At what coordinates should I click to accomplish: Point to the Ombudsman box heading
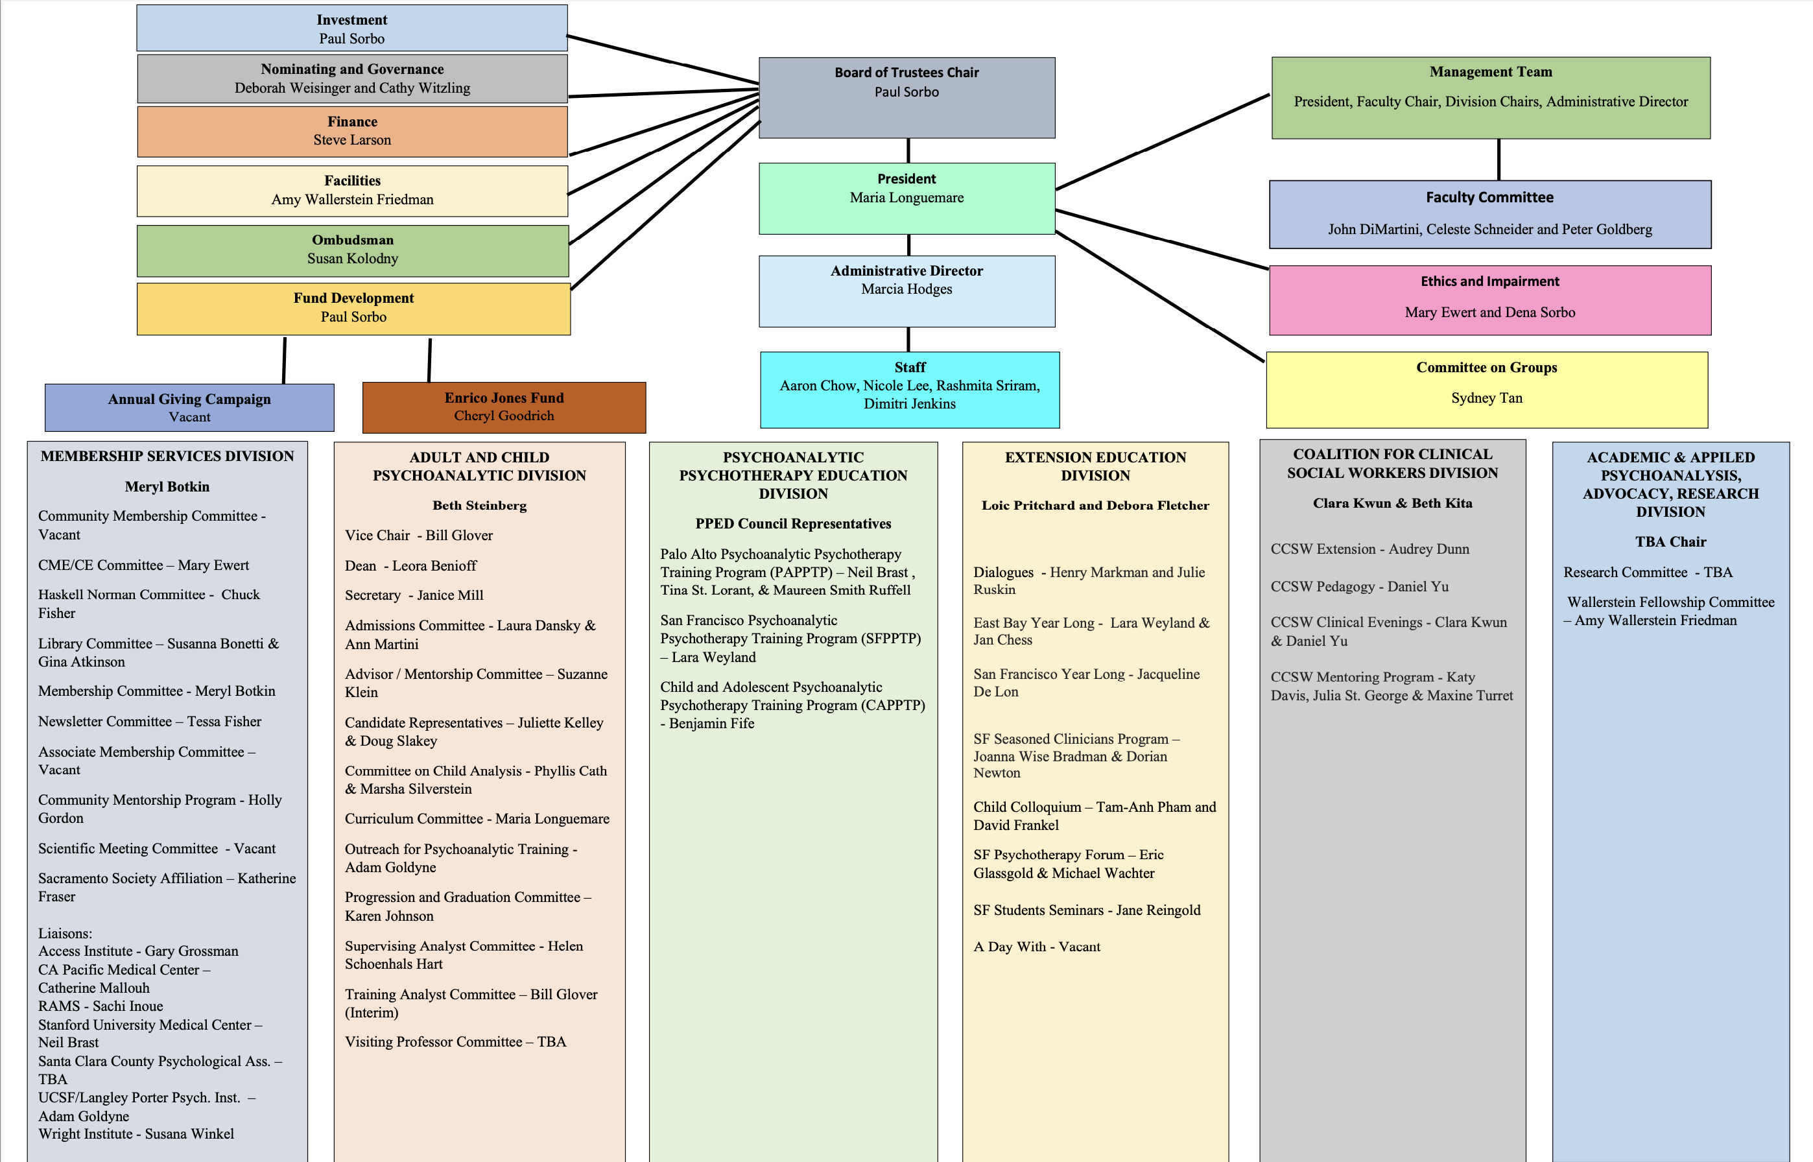coord(352,240)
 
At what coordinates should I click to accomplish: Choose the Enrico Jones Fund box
coord(504,407)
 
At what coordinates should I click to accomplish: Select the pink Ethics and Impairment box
coord(1489,300)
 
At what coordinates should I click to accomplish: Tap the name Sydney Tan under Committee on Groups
coord(1486,398)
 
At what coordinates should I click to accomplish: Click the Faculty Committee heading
coord(1489,198)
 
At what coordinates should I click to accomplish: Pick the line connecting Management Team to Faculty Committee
coord(1499,160)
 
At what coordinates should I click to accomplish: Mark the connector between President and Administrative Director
coord(908,245)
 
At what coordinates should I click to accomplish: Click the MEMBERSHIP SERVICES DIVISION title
coord(167,456)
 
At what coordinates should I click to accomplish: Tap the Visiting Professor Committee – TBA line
coord(455,1042)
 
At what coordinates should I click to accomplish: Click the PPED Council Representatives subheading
coord(793,525)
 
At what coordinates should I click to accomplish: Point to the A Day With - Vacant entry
coord(1036,947)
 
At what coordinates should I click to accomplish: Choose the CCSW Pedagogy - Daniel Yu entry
coord(1359,587)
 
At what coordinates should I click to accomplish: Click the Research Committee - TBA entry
coord(1647,573)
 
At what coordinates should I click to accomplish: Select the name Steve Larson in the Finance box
coord(352,140)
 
